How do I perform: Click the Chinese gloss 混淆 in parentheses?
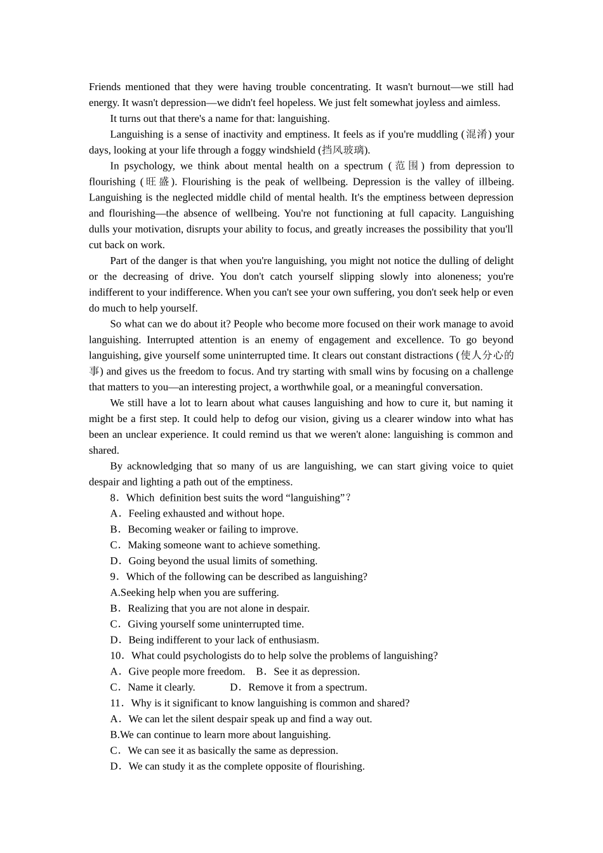(476, 135)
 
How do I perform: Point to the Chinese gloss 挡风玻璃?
(343, 150)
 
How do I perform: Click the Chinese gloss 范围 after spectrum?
(406, 166)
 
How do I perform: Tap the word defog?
(274, 419)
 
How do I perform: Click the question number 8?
(114, 498)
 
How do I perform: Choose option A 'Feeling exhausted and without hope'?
(206, 514)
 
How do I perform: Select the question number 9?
(114, 577)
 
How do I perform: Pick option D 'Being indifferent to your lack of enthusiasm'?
(223, 640)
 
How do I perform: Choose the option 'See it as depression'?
(316, 672)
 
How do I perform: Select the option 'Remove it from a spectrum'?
(307, 687)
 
